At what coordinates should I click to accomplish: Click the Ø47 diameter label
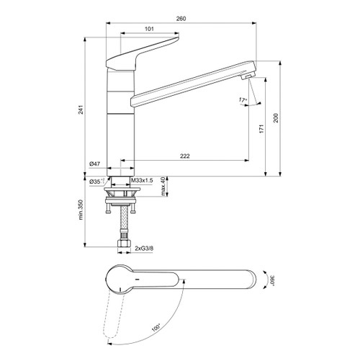tap(94, 164)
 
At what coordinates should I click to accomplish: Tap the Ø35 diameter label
tap(96, 182)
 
